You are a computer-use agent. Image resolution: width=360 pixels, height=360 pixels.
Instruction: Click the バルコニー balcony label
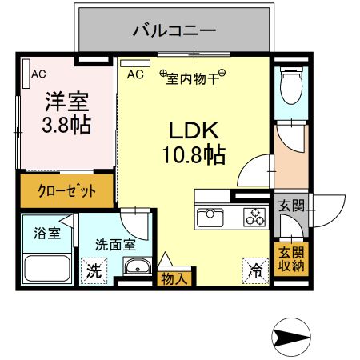[x=174, y=32]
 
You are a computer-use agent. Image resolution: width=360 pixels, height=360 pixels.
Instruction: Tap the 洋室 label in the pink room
[x=66, y=103]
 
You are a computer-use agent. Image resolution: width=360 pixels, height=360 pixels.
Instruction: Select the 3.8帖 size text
[x=66, y=125]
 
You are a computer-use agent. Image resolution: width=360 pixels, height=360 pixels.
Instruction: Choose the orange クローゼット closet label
[x=68, y=191]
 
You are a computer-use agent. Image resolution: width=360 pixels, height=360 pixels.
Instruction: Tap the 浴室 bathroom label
[x=46, y=234]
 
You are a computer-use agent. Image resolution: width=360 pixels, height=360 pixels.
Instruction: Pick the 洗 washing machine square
[x=94, y=270]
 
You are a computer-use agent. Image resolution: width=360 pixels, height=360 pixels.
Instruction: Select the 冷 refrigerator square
[x=254, y=270]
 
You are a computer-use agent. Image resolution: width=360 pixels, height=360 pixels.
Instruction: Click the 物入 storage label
[x=174, y=278]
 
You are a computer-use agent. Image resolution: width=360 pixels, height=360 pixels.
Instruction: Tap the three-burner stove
[x=255, y=216]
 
